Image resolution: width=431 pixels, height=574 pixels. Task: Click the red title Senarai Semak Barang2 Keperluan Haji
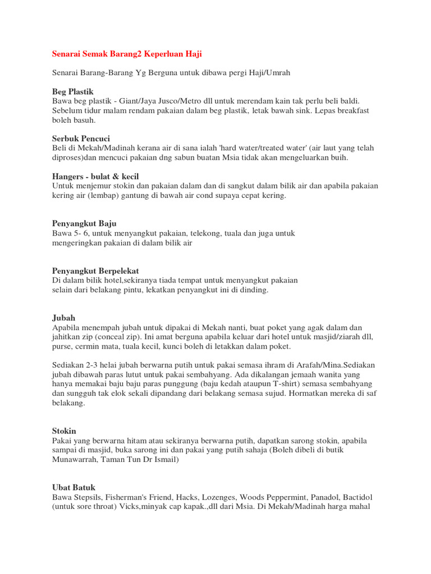[127, 54]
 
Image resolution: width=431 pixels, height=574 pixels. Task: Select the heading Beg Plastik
[73, 91]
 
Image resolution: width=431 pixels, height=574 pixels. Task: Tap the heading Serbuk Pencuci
[81, 138]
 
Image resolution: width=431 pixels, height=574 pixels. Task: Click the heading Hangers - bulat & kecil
[95, 177]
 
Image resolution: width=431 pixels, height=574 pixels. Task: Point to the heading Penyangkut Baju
[84, 223]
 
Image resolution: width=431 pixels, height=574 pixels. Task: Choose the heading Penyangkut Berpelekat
[95, 270]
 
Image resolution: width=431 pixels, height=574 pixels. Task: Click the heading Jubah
[63, 317]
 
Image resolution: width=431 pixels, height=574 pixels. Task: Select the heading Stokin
[65, 431]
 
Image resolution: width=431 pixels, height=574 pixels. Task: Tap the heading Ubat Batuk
[74, 488]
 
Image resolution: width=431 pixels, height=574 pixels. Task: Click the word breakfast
[350, 110]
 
